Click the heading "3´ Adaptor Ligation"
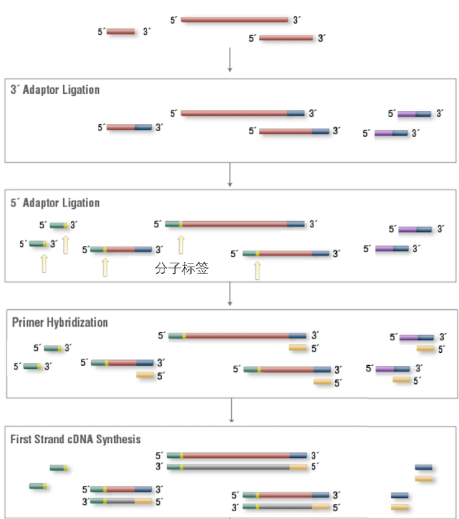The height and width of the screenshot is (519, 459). (x=55, y=90)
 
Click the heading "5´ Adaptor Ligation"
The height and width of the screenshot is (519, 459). (x=55, y=202)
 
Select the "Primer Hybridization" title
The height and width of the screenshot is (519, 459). (x=60, y=322)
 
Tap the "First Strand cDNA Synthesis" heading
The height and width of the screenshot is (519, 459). (x=75, y=439)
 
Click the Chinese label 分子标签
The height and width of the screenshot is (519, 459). (x=181, y=268)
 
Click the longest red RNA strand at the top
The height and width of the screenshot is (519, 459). (x=234, y=20)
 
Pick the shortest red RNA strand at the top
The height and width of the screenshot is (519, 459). (x=121, y=32)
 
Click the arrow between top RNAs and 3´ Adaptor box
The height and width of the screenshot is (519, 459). (x=229, y=59)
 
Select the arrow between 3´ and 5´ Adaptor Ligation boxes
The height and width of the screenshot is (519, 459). (x=229, y=175)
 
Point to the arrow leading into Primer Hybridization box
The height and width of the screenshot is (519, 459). (x=229, y=294)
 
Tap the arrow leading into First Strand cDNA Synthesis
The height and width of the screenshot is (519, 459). (x=231, y=410)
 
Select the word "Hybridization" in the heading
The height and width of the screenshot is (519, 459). (x=77, y=322)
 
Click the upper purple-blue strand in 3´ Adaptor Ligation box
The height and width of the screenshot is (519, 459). (x=414, y=114)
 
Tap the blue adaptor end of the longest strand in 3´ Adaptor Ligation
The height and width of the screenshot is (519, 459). (x=296, y=113)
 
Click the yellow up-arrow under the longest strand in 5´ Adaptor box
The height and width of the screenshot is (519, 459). (x=181, y=245)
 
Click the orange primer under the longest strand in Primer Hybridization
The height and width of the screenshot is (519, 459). (x=297, y=347)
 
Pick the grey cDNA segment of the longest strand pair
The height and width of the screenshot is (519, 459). (x=236, y=467)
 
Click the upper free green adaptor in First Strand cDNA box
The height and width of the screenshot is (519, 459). (x=59, y=468)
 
